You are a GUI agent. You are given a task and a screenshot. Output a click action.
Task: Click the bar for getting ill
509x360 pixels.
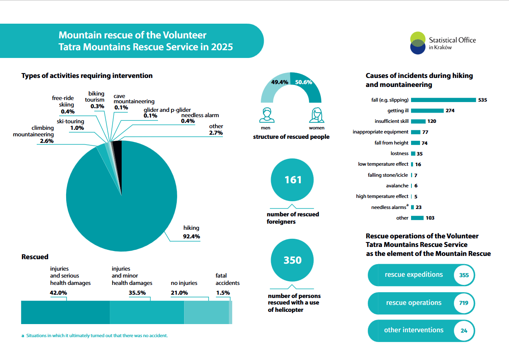point(427,111)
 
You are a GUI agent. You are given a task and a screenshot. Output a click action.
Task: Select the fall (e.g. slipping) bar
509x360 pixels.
point(443,100)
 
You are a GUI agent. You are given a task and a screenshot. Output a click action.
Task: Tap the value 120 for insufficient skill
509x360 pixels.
point(432,121)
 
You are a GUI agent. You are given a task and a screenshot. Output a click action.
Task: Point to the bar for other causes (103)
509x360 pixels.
point(417,218)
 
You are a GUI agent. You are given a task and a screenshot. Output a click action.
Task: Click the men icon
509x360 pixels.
point(267,115)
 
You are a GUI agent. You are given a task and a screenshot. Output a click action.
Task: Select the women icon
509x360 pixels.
point(316,115)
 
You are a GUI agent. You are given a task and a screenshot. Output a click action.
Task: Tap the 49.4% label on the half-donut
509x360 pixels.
point(280,82)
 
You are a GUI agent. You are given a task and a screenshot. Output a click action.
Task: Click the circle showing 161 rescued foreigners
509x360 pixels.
point(292,180)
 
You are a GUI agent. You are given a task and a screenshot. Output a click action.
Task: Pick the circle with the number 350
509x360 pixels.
point(292,260)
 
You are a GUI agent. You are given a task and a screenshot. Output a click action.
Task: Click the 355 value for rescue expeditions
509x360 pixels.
point(464,275)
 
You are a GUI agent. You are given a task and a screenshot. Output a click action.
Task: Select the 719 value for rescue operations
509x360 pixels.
point(464,303)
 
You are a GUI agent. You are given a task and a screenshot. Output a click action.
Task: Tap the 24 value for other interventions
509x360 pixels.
point(464,331)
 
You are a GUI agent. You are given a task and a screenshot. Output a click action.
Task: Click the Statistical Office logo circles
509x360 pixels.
point(418,43)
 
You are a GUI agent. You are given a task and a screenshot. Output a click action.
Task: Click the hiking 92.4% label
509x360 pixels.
point(191,232)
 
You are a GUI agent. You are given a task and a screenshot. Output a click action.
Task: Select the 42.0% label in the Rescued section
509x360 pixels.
point(58,293)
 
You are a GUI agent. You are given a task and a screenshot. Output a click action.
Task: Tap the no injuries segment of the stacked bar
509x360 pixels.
point(206,312)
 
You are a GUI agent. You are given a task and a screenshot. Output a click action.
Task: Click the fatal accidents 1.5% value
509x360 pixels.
point(223,293)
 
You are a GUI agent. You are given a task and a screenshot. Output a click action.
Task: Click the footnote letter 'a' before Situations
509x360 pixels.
point(23,336)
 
